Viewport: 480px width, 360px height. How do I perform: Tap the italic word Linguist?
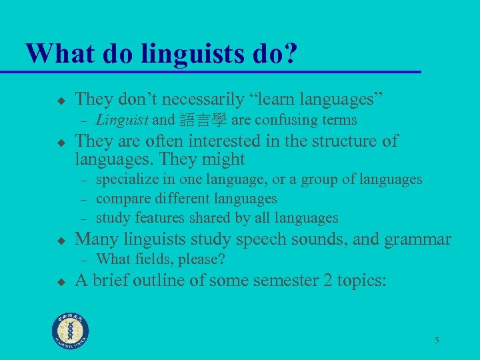[x=123, y=120]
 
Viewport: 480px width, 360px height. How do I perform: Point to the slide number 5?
[x=437, y=341]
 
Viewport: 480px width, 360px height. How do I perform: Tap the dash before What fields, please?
[x=83, y=259]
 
